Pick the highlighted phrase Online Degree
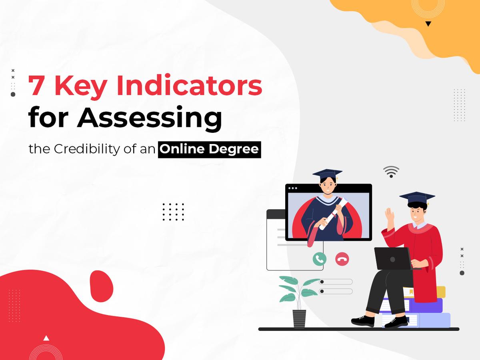(209, 150)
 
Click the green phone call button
(319, 259)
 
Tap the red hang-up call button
(342, 259)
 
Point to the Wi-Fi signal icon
(391, 171)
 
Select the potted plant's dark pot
(299, 318)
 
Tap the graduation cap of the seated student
(417, 198)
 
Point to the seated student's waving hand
(388, 217)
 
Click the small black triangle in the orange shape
(428, 24)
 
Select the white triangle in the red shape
(46, 338)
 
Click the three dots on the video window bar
(293, 188)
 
